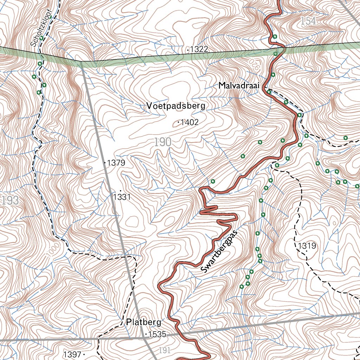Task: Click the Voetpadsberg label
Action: [x=176, y=106]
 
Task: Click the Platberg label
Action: [x=143, y=322]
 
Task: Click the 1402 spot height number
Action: [x=189, y=122]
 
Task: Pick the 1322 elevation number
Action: [x=199, y=50]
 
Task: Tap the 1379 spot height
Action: [x=116, y=163]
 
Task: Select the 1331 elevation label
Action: [x=122, y=197]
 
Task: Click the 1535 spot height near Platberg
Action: [x=157, y=334]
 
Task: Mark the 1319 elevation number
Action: [x=307, y=246]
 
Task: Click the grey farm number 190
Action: [x=162, y=142]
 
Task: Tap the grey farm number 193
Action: [x=10, y=201]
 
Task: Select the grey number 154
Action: [x=308, y=21]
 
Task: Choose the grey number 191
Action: [x=164, y=350]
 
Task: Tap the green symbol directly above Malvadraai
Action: [x=273, y=74]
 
